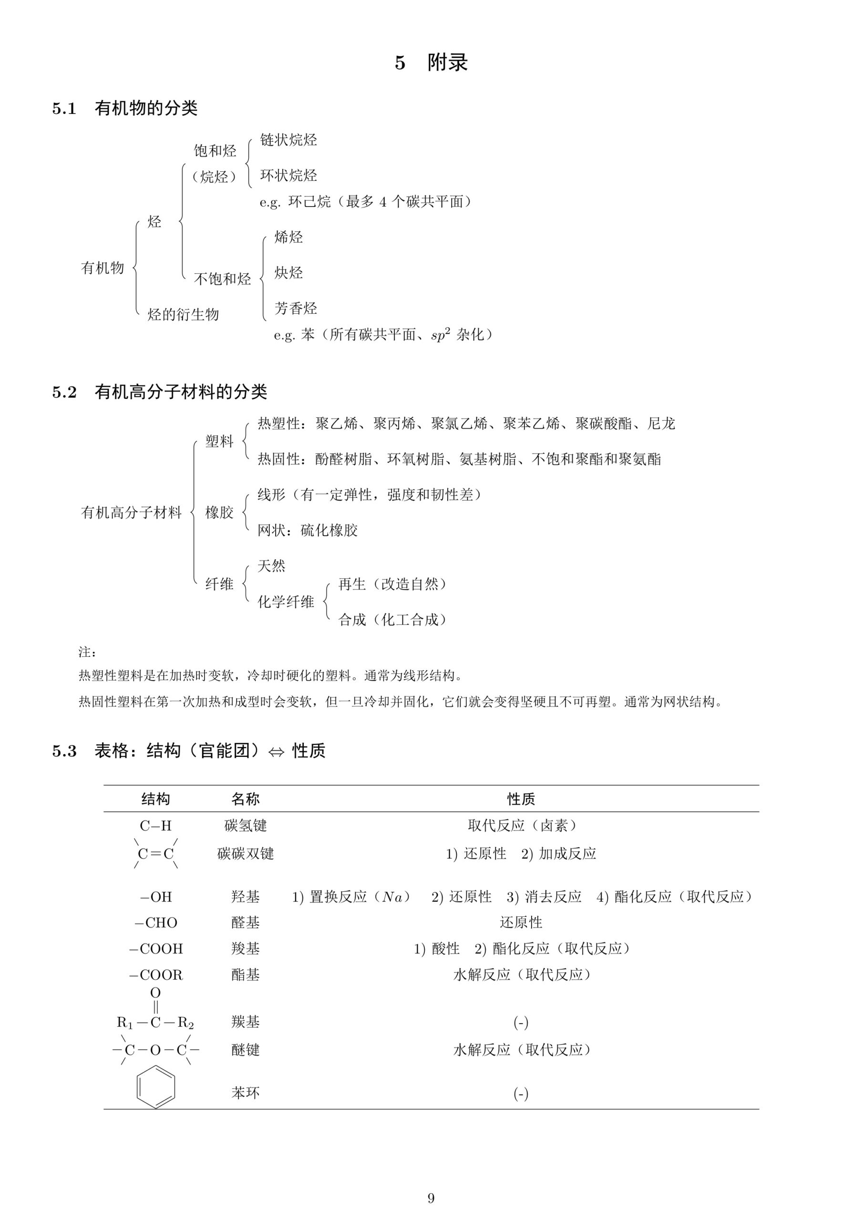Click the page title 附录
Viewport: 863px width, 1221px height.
point(447,63)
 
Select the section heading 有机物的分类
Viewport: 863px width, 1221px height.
point(146,108)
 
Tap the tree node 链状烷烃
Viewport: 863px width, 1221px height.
point(288,140)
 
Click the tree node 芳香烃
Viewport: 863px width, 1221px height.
point(295,309)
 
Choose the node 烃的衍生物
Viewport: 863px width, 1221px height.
point(183,314)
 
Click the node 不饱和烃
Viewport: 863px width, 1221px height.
point(222,279)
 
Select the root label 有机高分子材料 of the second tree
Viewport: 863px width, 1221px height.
point(131,512)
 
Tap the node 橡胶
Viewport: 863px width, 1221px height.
point(219,512)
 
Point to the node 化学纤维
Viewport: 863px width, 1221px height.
point(286,601)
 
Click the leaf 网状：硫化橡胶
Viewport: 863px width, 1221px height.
point(308,530)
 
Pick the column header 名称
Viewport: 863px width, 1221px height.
point(245,799)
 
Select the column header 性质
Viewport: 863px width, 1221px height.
point(521,799)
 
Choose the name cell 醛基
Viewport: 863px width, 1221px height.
point(245,922)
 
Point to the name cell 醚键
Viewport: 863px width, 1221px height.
point(245,1050)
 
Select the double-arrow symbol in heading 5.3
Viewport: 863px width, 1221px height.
point(276,752)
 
